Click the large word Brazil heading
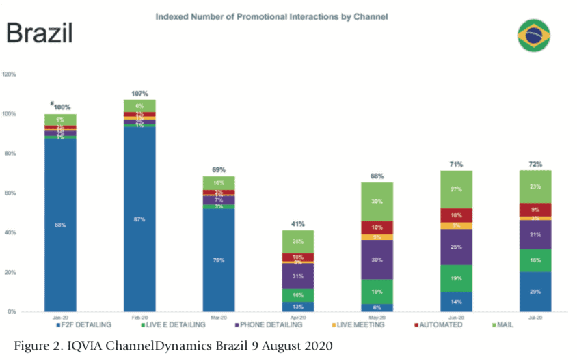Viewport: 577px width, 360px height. coord(39,33)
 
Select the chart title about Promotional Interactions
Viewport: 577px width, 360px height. coord(272,16)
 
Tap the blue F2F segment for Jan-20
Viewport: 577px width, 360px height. coord(60,224)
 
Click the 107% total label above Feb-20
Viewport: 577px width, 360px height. coord(139,93)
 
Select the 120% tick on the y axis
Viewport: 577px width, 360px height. coord(10,74)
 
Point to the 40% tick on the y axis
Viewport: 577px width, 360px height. coord(11,232)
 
